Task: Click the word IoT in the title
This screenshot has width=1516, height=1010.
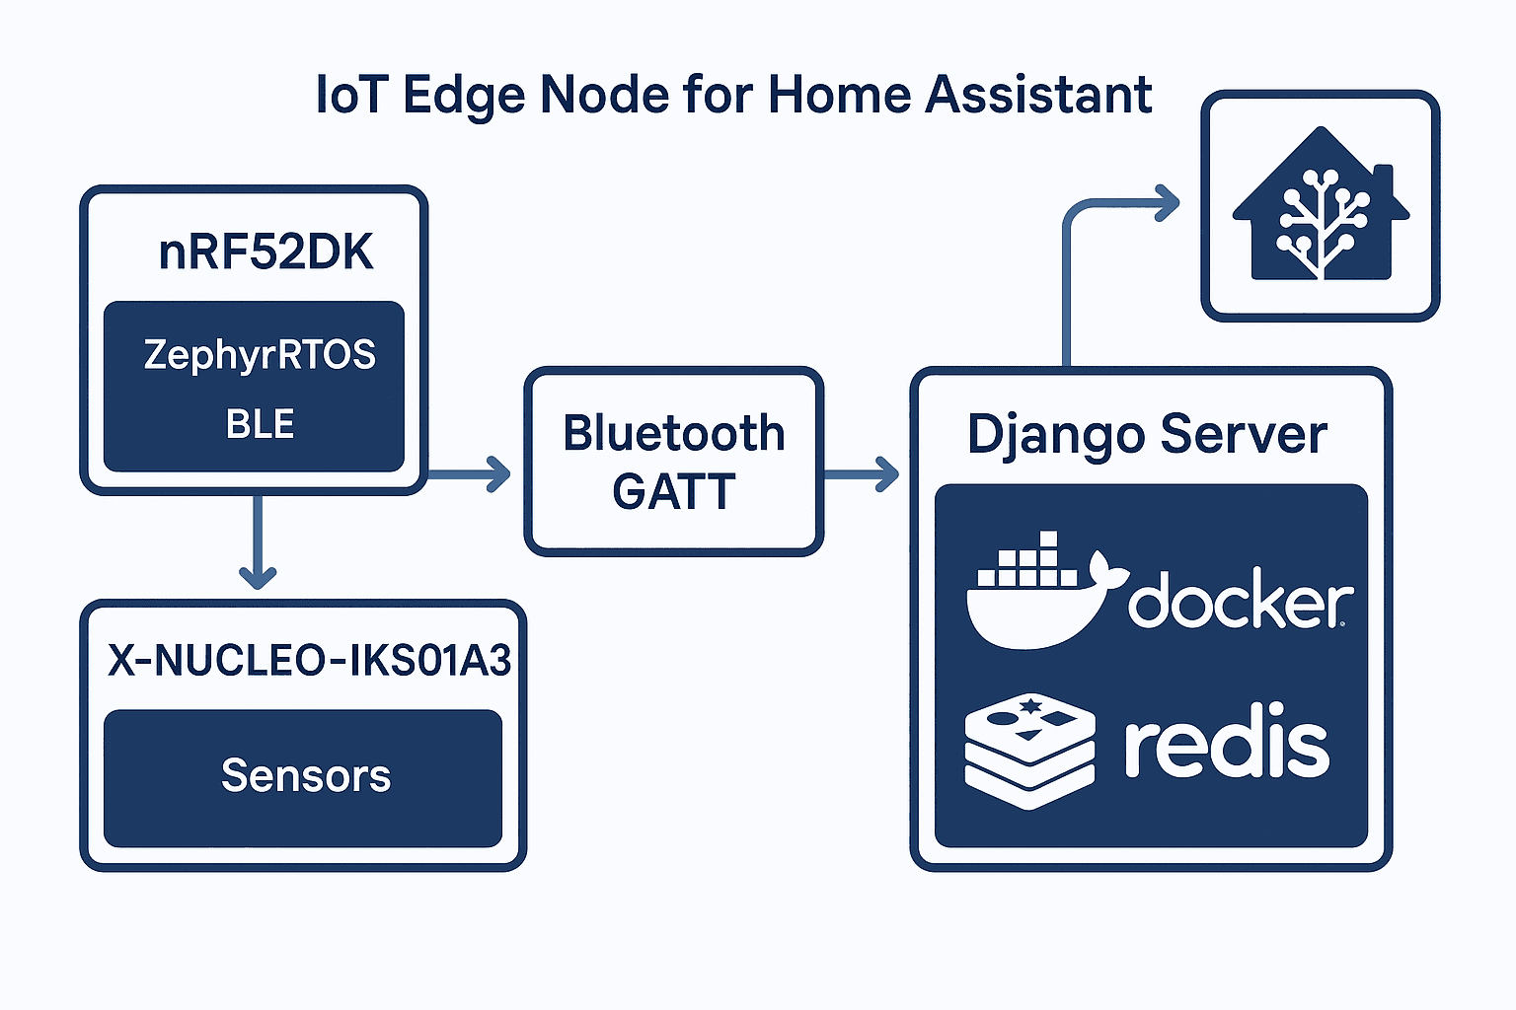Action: (x=352, y=94)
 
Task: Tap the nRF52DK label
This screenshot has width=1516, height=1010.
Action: (x=265, y=252)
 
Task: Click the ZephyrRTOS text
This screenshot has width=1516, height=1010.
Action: (x=260, y=355)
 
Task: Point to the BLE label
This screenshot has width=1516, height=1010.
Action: (x=260, y=424)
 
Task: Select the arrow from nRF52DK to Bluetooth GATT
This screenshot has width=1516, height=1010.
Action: (x=469, y=473)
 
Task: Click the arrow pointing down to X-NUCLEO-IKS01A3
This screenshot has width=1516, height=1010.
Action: (x=258, y=541)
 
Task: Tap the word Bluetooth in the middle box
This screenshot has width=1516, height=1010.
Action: (x=674, y=433)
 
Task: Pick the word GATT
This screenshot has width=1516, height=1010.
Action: (x=673, y=491)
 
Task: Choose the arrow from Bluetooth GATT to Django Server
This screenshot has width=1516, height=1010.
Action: (x=861, y=473)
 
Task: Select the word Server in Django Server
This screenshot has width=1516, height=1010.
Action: (x=1244, y=434)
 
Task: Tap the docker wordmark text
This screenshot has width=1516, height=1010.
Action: (x=1241, y=598)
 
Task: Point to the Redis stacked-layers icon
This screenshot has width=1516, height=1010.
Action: (x=1029, y=751)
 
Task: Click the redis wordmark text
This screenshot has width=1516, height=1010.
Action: (x=1227, y=740)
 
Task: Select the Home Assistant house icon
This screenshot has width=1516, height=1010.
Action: (x=1322, y=203)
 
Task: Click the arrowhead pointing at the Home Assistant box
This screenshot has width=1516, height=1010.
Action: (x=1167, y=203)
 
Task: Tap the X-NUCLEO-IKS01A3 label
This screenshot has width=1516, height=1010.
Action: (x=309, y=660)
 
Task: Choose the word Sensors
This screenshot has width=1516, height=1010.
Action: (x=306, y=775)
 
